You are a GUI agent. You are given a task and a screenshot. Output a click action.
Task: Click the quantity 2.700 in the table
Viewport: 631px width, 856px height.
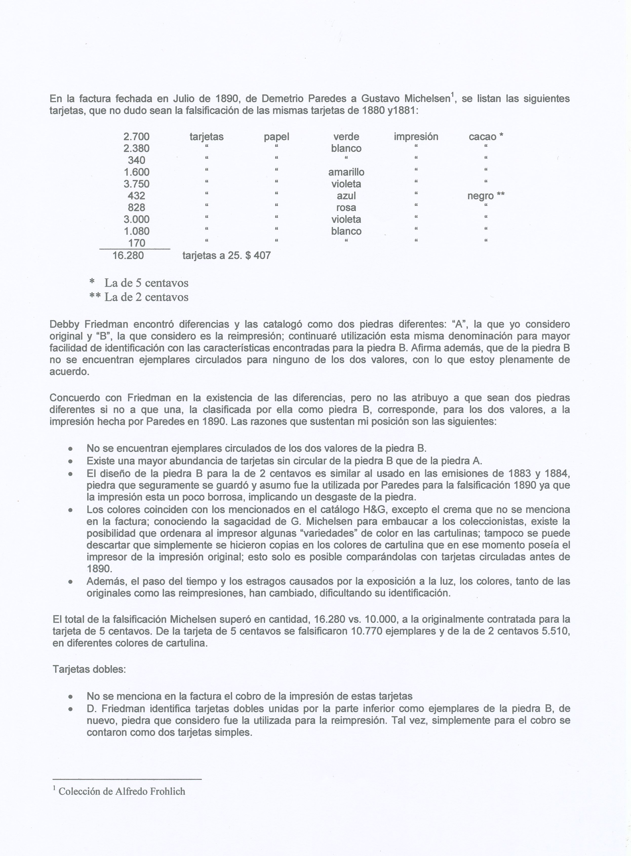136,136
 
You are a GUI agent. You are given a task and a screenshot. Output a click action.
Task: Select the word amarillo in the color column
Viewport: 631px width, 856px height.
346,172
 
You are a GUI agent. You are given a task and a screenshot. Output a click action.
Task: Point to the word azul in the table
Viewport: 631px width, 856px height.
346,196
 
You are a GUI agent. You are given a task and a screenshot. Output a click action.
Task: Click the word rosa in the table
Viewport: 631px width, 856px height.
346,208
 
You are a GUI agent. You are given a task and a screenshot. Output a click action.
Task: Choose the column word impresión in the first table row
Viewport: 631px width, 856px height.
416,136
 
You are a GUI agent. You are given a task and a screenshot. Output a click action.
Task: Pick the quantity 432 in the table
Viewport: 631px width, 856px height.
136,196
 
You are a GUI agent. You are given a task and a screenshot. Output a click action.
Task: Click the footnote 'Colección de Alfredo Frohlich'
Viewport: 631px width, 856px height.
122,791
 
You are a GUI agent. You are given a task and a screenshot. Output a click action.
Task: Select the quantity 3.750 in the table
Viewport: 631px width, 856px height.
136,184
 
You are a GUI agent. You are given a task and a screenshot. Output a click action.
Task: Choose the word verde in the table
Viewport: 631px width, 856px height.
346,136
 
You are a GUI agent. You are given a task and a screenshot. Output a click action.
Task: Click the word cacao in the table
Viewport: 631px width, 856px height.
482,136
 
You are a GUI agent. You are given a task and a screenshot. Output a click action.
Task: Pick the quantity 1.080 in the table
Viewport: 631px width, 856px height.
136,231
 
